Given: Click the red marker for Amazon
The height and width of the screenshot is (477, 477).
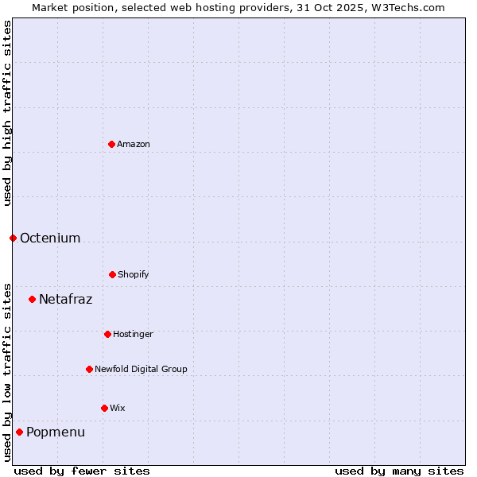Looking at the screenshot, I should pos(111,144).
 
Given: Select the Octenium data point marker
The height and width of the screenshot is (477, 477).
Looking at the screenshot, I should pos(13,238).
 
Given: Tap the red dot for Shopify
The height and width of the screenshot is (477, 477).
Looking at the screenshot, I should pos(112,274).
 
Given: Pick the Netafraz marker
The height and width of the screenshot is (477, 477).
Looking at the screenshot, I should pos(32,299).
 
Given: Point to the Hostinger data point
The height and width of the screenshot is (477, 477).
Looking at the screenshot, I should pos(107,334).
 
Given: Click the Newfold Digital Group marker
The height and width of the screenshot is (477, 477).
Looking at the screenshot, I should pos(89,369).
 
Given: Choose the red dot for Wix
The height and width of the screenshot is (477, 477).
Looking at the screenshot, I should pos(104,408).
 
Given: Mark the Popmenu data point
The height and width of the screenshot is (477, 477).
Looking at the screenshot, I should pos(19,432).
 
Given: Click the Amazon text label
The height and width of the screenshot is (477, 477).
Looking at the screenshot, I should pos(134,144).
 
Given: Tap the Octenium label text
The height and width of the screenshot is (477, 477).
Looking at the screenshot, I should pos(50,238).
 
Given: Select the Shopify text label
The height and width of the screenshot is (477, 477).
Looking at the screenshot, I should pos(134,274).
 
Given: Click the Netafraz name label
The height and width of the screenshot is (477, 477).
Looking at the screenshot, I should pos(66,299).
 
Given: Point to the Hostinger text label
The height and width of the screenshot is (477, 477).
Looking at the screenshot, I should pos(133,334).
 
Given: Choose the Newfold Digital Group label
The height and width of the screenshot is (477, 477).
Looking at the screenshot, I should pos(141,369).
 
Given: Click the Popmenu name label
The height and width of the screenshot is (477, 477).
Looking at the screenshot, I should pos(56,432).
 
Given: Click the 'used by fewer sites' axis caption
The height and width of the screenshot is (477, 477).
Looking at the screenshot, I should pos(82,471).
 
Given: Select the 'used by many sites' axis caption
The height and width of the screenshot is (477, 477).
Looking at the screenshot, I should pos(399,471).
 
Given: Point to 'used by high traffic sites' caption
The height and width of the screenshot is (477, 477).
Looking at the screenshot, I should pos(7,113).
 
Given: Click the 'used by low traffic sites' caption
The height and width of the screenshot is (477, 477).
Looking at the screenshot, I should pos(7,371).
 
